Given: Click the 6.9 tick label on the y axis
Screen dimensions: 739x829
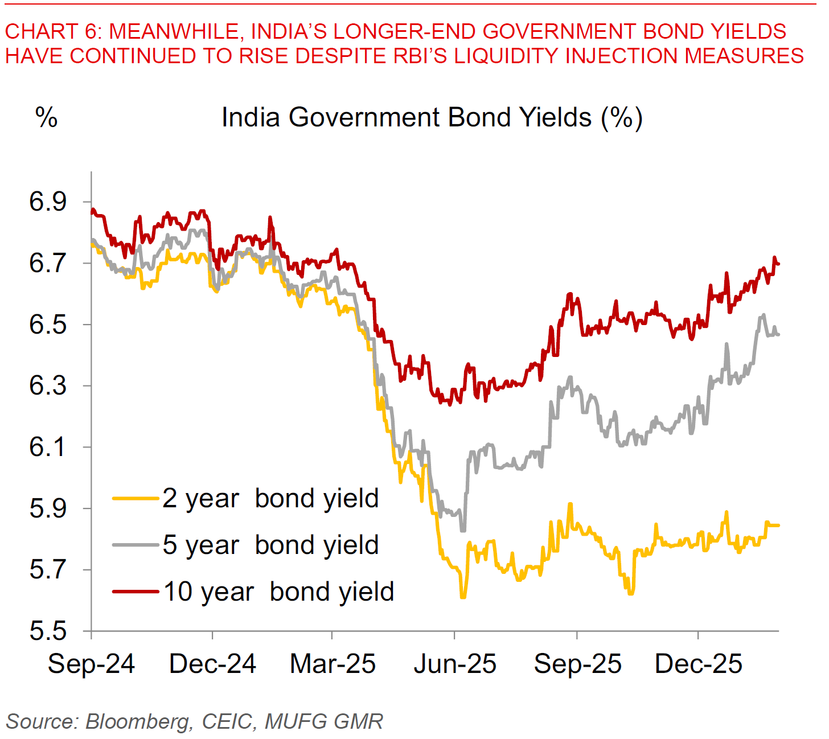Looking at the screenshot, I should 48,202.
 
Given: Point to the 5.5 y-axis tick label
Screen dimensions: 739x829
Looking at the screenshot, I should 48,631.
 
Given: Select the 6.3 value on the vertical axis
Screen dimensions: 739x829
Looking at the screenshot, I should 48,386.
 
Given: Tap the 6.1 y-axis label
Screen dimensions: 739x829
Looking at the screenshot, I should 48,447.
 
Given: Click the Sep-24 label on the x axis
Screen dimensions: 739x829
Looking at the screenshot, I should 91,664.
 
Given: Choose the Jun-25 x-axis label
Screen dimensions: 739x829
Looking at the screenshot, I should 454,664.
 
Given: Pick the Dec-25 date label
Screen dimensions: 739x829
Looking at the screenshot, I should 699,664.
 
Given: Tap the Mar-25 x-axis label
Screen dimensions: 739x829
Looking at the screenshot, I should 333,664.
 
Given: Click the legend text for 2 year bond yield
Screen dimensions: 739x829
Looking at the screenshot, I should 270,499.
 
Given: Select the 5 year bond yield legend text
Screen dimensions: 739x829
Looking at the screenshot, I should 270,545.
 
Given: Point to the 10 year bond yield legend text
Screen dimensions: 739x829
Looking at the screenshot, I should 279,592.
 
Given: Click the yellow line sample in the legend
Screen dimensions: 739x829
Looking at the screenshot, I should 136,499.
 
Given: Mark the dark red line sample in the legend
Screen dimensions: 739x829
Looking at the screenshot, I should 136,592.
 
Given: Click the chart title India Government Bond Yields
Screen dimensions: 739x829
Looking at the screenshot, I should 432,118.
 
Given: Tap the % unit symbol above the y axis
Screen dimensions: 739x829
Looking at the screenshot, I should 46,118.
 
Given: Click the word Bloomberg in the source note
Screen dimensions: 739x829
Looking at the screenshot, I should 137,721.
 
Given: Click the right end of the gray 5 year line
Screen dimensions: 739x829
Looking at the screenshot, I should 778,335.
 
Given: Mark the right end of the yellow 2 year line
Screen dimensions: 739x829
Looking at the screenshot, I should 778,525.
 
